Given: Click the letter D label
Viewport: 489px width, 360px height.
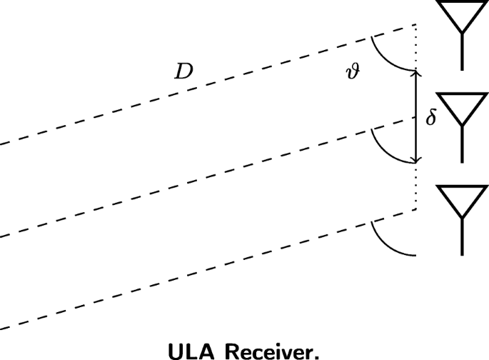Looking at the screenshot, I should tap(184, 71).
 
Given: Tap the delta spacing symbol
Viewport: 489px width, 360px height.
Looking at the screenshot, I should tap(430, 119).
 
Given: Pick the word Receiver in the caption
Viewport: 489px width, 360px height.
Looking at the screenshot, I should tap(270, 350).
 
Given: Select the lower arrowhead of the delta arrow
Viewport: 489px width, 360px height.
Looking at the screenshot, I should tap(416, 159).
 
